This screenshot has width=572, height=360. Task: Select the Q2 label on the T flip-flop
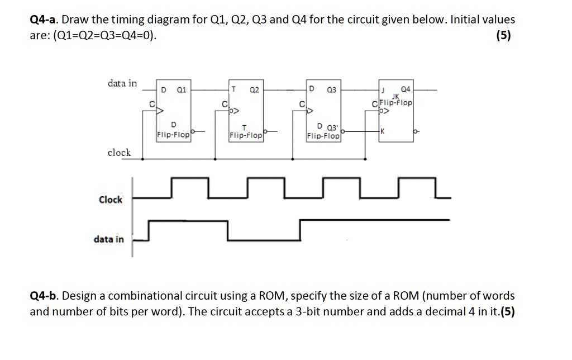tap(254, 89)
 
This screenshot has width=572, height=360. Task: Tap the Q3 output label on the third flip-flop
tap(332, 89)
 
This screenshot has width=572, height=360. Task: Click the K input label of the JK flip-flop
tap(381, 131)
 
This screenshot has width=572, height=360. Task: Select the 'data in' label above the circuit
tap(122, 83)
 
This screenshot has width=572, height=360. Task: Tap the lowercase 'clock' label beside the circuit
tap(119, 152)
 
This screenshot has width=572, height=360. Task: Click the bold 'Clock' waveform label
tap(111, 200)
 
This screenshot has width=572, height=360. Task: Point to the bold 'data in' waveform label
tap(109, 239)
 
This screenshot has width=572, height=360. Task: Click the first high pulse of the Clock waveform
tap(190, 179)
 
